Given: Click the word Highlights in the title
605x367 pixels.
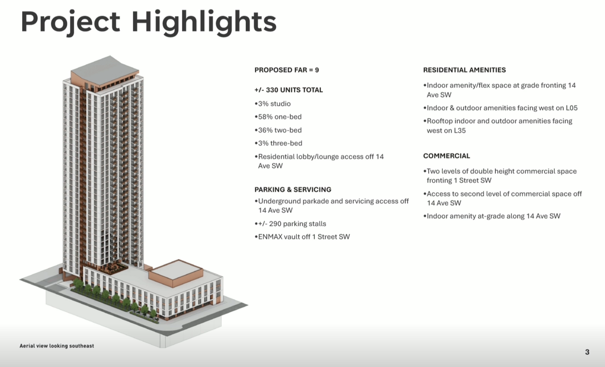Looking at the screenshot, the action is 204,23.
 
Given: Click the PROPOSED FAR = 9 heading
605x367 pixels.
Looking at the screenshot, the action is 286,70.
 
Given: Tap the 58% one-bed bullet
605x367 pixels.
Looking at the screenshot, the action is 278,117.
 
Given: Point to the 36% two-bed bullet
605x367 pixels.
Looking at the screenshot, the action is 278,130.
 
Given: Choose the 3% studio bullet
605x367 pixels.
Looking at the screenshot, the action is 273,103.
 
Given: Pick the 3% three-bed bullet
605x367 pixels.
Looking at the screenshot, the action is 278,143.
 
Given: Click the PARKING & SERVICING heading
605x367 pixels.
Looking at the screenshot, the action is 293,189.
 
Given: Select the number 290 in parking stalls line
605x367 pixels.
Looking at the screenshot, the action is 275,224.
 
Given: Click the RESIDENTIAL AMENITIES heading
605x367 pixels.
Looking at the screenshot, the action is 464,70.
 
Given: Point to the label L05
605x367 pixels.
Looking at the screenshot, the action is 571,108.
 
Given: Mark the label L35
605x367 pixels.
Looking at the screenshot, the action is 460,131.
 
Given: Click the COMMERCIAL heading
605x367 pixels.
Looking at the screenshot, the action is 447,156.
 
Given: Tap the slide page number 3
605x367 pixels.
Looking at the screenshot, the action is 587,352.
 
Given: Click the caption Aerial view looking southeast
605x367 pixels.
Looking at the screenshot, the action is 57,346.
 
